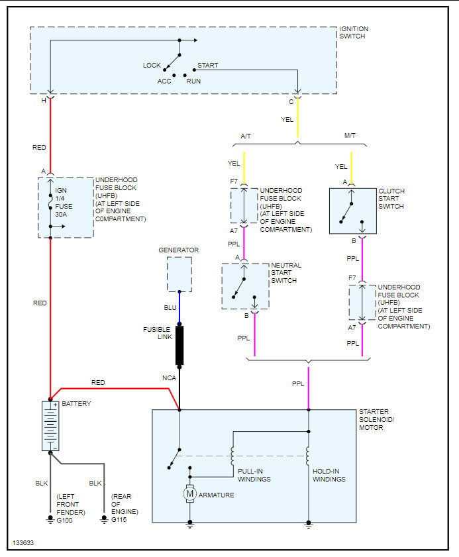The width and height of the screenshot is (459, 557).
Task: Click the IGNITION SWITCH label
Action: click(x=354, y=32)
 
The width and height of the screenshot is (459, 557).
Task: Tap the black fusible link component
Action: click(x=179, y=345)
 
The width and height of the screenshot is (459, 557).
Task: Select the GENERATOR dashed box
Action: click(x=179, y=274)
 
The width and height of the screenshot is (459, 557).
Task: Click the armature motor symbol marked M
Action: click(x=190, y=493)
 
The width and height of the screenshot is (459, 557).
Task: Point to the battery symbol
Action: click(x=51, y=425)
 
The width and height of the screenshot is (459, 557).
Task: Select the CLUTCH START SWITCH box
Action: click(x=352, y=211)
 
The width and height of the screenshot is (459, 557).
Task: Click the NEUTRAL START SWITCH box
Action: click(x=245, y=286)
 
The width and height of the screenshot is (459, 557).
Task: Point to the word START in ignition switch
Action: click(x=207, y=65)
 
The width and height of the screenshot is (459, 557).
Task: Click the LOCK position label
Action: click(x=152, y=65)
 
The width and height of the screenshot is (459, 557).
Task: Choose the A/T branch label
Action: click(x=245, y=135)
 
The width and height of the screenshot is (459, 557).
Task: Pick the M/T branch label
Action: click(x=350, y=135)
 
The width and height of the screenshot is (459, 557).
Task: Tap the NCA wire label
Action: click(x=169, y=378)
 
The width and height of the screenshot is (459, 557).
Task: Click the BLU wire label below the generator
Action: click(x=170, y=308)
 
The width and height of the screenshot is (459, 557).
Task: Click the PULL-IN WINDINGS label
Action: click(x=254, y=475)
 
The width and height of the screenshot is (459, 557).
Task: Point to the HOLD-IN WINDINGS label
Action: click(x=329, y=475)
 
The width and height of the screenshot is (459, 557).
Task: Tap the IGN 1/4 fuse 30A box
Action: click(x=66, y=207)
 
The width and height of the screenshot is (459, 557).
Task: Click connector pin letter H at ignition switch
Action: click(x=44, y=100)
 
